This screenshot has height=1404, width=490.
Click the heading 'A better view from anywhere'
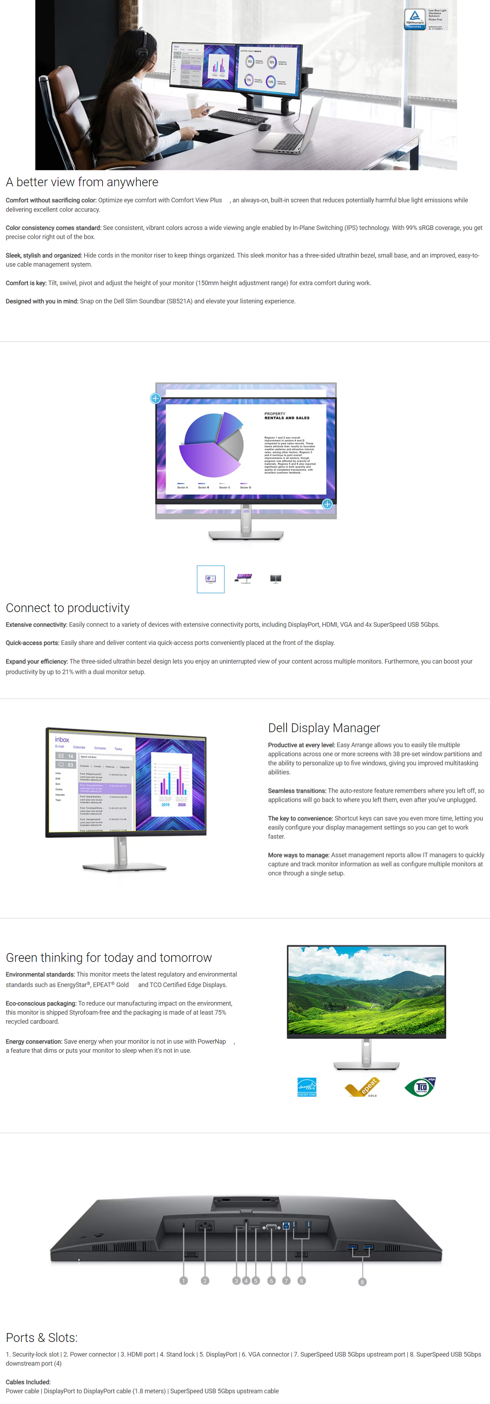pos(82,182)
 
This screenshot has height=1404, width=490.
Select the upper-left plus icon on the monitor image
pos(155,398)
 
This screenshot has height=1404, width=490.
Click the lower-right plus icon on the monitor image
pos(327,504)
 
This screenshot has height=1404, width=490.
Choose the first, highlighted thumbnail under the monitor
pos(210,579)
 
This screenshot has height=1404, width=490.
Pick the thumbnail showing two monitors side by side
pos(276,579)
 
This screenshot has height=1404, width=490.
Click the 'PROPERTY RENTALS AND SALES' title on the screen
pos(287,416)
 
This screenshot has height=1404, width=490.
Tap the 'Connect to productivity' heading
pos(67,608)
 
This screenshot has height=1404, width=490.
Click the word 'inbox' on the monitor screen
pos(62,740)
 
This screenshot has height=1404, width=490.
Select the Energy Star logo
pos(307,1087)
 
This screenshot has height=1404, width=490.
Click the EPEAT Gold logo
pos(362,1087)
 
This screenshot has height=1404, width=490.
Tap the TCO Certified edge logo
pos(420,1087)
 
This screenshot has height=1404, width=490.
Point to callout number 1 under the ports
pos(183,1280)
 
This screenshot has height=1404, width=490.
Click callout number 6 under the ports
pos(271,1280)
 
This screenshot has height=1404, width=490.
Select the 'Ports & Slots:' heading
pos(41,1337)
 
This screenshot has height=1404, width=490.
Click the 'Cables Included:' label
pos(28,1382)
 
